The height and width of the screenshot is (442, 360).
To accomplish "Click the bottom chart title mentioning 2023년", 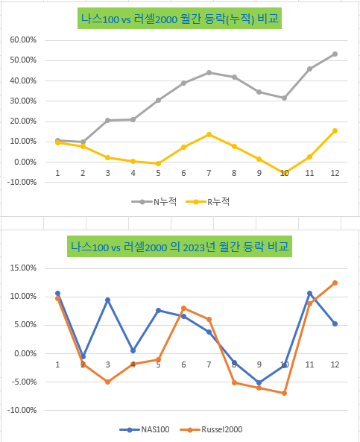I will click(x=180, y=246).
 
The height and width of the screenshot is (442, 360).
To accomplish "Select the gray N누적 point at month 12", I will click(x=335, y=54).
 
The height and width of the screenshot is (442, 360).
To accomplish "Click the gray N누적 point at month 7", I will click(x=209, y=72).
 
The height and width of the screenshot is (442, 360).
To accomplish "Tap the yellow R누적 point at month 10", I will click(x=284, y=173).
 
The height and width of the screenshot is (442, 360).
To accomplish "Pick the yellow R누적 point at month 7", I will click(x=209, y=134).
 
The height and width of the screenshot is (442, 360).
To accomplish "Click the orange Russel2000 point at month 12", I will click(x=335, y=282).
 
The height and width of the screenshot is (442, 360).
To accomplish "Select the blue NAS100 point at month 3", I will click(x=108, y=300).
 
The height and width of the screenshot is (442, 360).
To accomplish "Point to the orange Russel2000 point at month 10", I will click(x=284, y=393).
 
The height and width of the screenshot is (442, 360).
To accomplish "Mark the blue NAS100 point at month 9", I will click(x=259, y=382).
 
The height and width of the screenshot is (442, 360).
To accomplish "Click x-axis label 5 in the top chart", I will click(x=158, y=173).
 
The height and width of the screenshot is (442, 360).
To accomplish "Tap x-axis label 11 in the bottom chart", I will click(x=309, y=364).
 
